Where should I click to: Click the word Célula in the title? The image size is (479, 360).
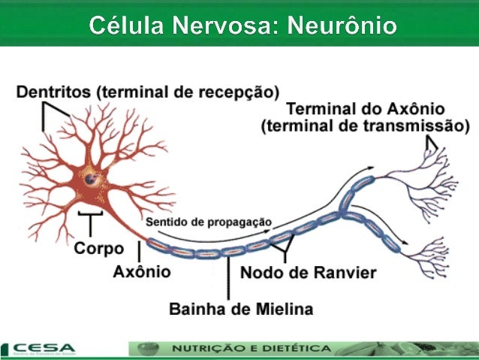pyautogui.click(x=125, y=26)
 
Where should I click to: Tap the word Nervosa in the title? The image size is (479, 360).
pyautogui.click(x=221, y=26)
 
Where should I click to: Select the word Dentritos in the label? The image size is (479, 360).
pyautogui.click(x=52, y=92)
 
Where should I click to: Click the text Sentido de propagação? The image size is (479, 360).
pyautogui.click(x=208, y=222)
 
